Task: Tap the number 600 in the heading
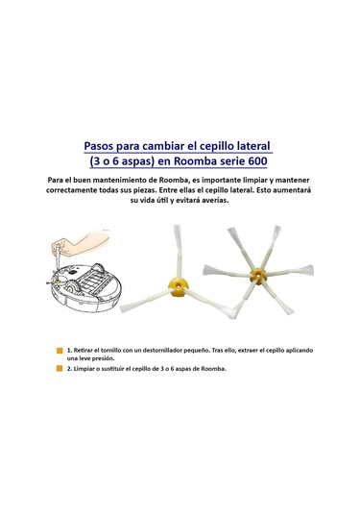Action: click(258, 161)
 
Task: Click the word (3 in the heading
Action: click(96, 161)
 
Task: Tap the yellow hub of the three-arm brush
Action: click(179, 287)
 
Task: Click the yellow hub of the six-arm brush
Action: click(257, 276)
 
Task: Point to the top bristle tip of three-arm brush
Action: click(177, 227)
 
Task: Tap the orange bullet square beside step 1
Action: click(60, 351)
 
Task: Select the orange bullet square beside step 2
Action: click(60, 369)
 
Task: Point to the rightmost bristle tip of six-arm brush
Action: click(311, 270)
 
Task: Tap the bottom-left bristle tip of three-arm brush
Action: click(123, 308)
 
